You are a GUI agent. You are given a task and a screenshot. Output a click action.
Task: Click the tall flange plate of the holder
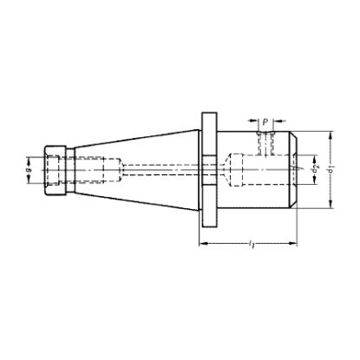pyautogui.click(x=207, y=170)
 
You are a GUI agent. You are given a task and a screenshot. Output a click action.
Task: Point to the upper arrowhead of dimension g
pyautogui.click(x=38, y=156)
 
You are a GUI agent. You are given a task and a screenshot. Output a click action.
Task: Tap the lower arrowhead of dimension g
pyautogui.click(x=38, y=184)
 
